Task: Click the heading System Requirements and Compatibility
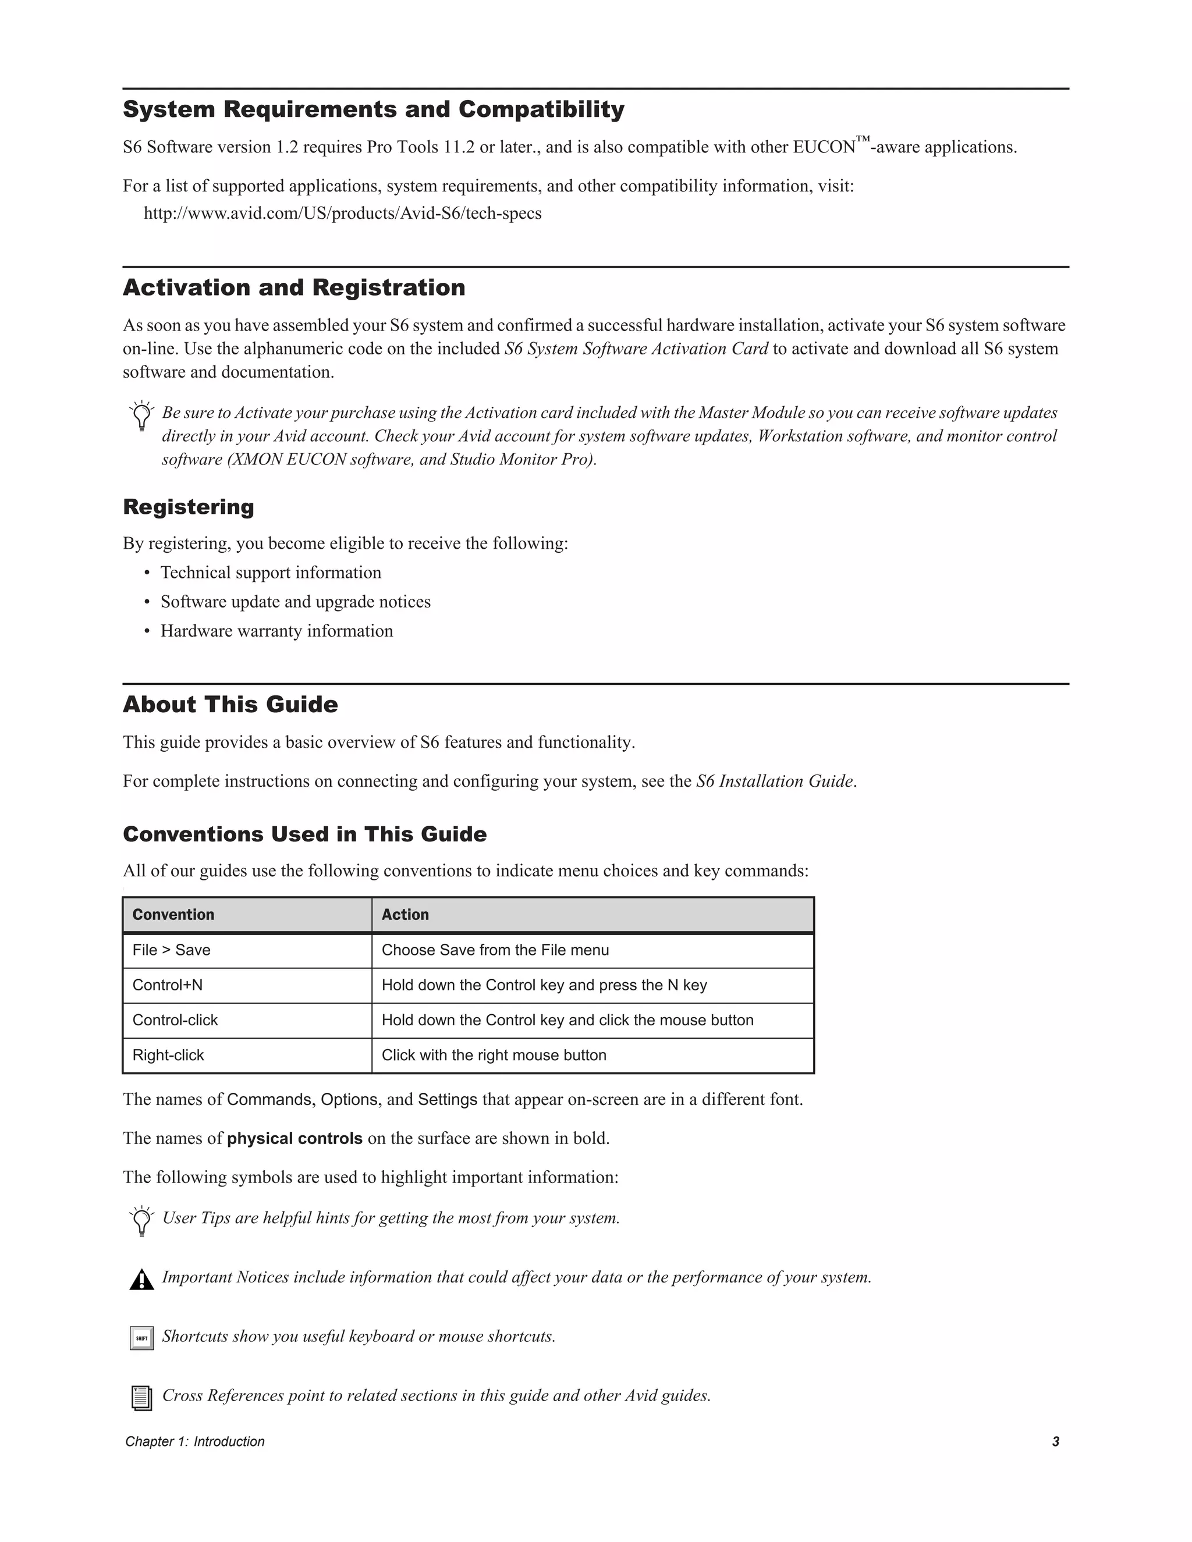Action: pyautogui.click(x=373, y=109)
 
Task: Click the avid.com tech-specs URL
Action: pyautogui.click(x=342, y=213)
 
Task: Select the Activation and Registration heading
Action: pyautogui.click(x=294, y=287)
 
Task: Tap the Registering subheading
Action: pyautogui.click(x=188, y=507)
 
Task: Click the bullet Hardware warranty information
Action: pyautogui.click(x=276, y=631)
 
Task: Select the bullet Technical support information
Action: pyautogui.click(x=271, y=573)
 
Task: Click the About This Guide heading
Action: pyautogui.click(x=230, y=704)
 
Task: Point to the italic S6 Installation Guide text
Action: pyautogui.click(x=775, y=781)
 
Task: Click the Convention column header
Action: pyautogui.click(x=173, y=914)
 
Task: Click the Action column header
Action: pyautogui.click(x=405, y=914)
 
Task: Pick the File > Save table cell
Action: pyautogui.click(x=172, y=950)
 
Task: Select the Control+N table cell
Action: pyautogui.click(x=168, y=985)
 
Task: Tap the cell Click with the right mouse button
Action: pyautogui.click(x=494, y=1055)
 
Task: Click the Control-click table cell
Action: pyautogui.click(x=175, y=1020)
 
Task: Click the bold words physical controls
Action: pyautogui.click(x=295, y=1138)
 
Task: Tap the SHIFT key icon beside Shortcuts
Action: pyautogui.click(x=142, y=1338)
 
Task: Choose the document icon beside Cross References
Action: pyautogui.click(x=142, y=1397)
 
